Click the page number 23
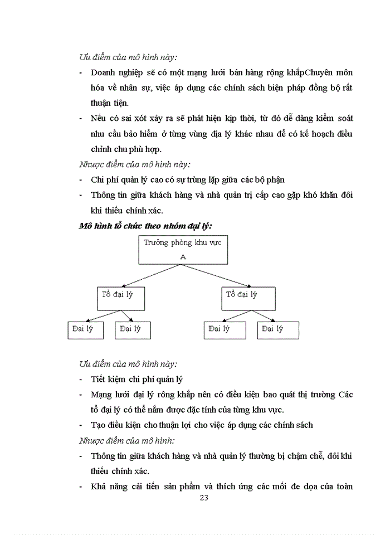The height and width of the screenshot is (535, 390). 203,498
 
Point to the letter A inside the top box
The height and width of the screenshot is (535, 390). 183,256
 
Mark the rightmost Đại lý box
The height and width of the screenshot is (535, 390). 278,329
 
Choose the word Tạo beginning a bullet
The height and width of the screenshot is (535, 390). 98,425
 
